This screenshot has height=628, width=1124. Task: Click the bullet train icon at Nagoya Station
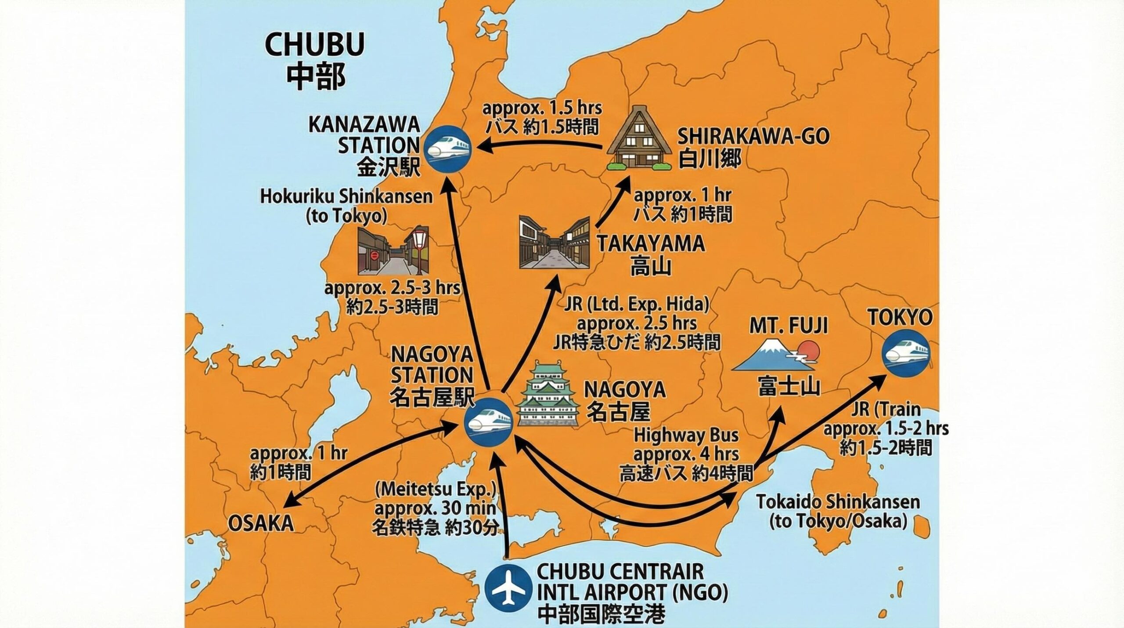[x=489, y=422]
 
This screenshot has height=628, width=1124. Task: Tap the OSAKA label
[x=261, y=523]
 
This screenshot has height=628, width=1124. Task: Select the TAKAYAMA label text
[x=651, y=244]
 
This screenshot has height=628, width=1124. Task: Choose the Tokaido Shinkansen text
[x=838, y=502]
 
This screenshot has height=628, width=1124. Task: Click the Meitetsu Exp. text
[x=436, y=489]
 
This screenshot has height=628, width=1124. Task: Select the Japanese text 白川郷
[x=710, y=159]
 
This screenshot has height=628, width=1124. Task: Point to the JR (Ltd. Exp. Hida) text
[x=637, y=304]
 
